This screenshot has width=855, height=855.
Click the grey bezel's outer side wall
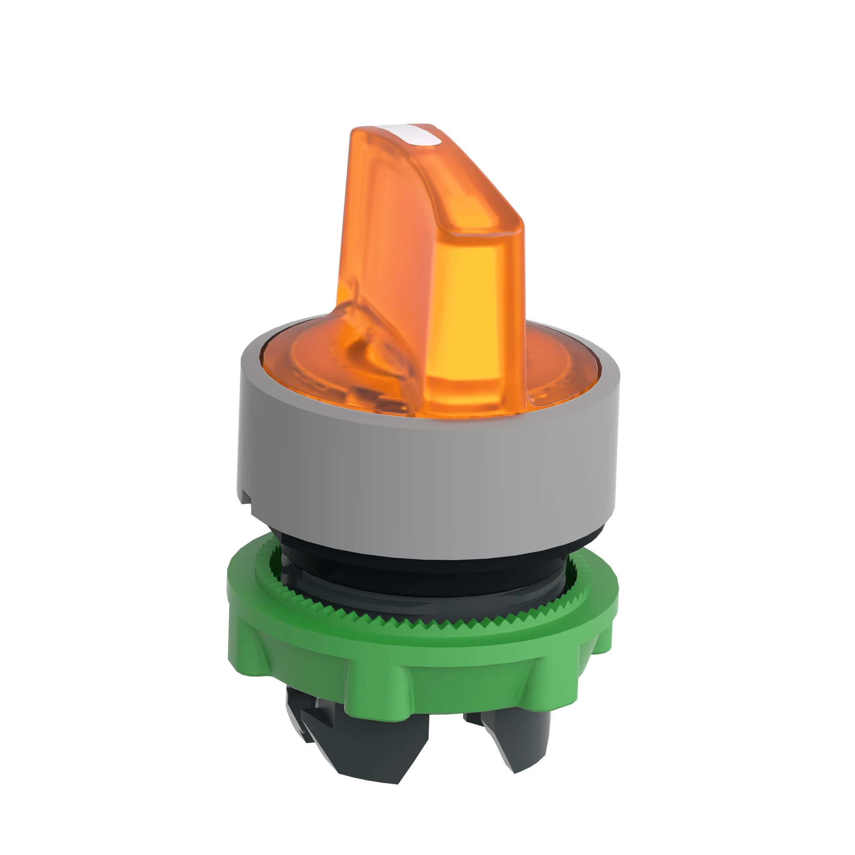[425, 487]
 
